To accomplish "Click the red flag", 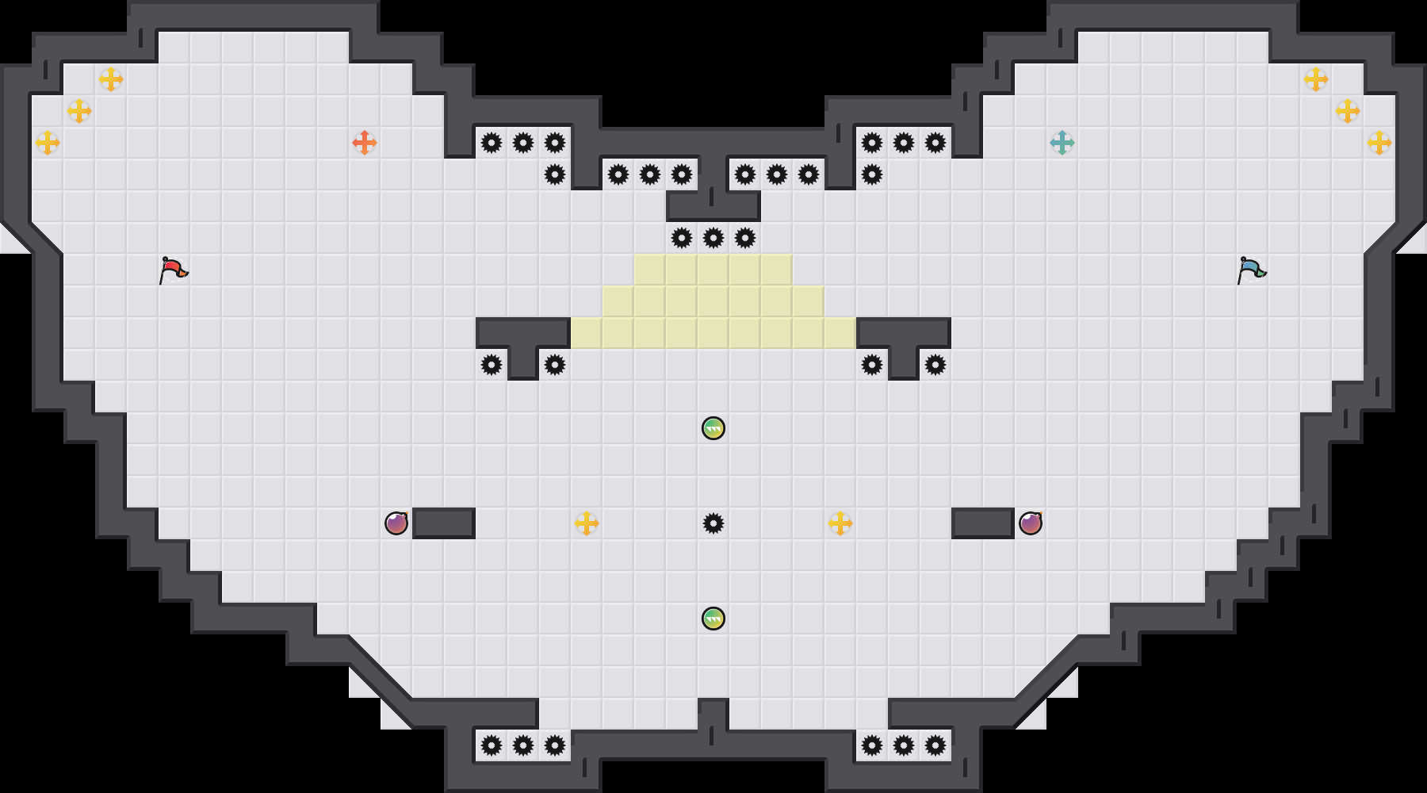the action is click(x=173, y=270).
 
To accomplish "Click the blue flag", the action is click(x=1251, y=270).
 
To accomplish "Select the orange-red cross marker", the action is click(x=365, y=143).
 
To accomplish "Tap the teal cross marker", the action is click(x=1062, y=143).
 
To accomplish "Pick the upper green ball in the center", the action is click(x=713, y=428).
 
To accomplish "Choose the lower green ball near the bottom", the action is click(x=713, y=619).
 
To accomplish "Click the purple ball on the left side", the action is click(x=396, y=523).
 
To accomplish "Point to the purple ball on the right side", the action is click(x=1031, y=523).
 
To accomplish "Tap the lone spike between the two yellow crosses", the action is click(x=713, y=523).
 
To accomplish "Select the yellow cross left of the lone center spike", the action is click(x=587, y=523).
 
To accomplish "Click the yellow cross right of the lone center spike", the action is click(x=840, y=523).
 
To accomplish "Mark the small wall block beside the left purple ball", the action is click(x=444, y=523).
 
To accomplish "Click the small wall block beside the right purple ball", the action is click(x=983, y=523).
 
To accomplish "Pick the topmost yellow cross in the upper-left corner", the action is click(x=111, y=79).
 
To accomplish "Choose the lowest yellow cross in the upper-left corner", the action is click(x=48, y=143).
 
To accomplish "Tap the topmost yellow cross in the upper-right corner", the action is click(x=1316, y=79).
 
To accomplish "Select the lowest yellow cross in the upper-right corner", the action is click(x=1379, y=143).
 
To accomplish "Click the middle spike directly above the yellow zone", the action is click(x=713, y=238).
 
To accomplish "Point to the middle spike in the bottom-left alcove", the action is click(x=523, y=745).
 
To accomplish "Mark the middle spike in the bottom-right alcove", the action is click(x=904, y=745).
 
